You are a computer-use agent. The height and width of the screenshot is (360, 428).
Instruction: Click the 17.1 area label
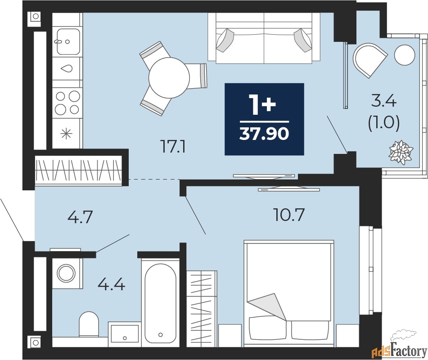coord(174,148)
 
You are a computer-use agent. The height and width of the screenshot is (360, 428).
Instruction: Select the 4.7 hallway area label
coord(80,217)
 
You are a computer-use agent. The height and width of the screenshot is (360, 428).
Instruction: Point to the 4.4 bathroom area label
coord(111,285)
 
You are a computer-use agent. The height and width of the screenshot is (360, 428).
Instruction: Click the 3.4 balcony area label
coord(384,102)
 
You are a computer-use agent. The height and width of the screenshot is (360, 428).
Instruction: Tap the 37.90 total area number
coord(264,134)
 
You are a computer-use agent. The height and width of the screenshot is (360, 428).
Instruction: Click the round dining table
coord(169,77)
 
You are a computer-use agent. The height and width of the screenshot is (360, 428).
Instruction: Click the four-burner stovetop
coord(67,103)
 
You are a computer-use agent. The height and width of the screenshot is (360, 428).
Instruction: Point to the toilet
coord(89,324)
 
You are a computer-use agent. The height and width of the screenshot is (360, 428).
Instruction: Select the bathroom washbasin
coord(125,334)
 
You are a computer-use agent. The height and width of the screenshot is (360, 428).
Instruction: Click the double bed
coord(289,293)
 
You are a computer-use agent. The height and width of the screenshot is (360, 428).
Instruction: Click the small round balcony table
coord(405,55)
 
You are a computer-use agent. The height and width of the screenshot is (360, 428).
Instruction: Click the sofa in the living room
coord(264,38)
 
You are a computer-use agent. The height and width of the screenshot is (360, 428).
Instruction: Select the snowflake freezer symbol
coord(66,134)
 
